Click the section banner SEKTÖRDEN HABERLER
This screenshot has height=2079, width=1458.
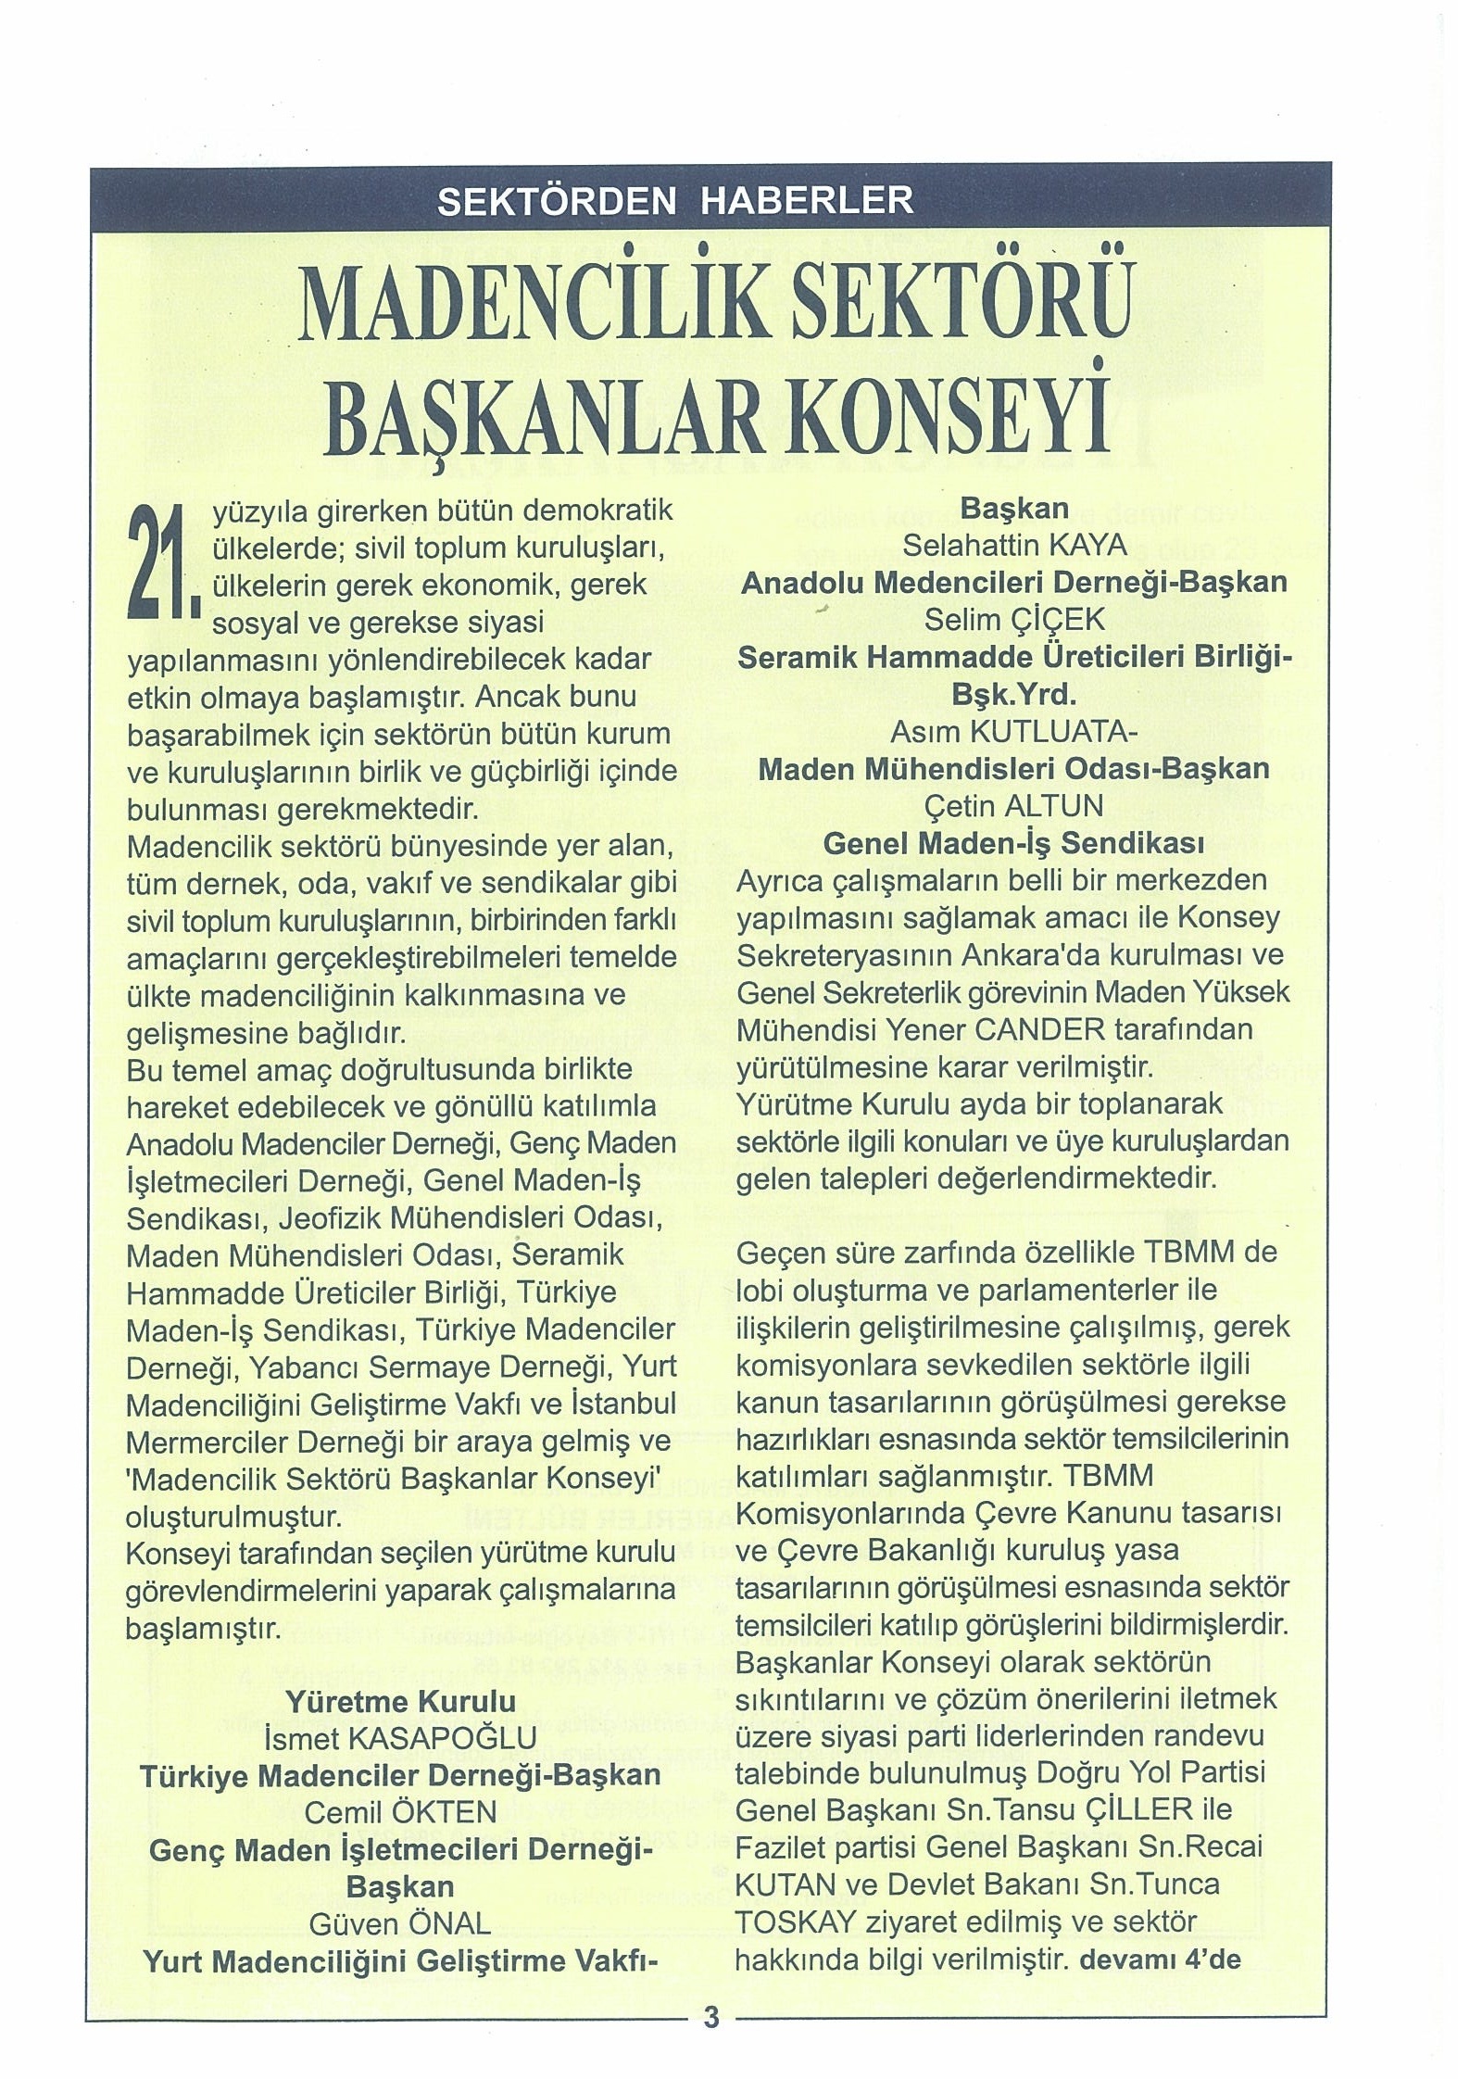point(675,199)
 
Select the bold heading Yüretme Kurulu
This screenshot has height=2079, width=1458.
point(400,1701)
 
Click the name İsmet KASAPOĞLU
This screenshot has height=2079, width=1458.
point(400,1738)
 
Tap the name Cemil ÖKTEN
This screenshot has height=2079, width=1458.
point(400,1811)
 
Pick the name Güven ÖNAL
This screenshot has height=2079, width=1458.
point(400,1923)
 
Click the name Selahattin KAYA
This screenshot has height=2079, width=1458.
point(1014,546)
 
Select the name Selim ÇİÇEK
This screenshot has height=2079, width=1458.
point(1014,620)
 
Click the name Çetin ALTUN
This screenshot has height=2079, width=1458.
point(1014,806)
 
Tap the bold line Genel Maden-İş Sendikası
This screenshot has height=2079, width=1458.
point(1014,843)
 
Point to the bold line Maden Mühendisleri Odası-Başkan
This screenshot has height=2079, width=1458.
point(1014,769)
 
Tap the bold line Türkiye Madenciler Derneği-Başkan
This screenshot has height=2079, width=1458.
point(400,1775)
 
